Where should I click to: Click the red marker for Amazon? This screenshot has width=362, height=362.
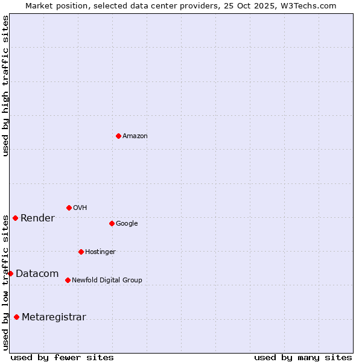tap(118, 136)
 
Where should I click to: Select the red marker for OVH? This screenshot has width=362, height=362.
tap(69, 208)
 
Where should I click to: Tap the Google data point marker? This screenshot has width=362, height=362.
tap(112, 223)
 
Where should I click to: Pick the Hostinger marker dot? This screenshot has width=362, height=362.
tap(81, 252)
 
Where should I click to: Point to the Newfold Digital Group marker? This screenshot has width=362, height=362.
tap(68, 280)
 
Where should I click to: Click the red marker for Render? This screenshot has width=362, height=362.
tap(15, 218)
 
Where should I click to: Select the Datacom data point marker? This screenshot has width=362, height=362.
tap(10, 273)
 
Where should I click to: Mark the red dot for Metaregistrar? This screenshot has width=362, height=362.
tap(16, 317)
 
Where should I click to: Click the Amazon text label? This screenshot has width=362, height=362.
tap(135, 136)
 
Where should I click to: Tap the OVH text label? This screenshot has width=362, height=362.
tap(80, 208)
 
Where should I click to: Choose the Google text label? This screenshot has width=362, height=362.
tap(127, 224)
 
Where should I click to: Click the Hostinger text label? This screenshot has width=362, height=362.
tap(100, 252)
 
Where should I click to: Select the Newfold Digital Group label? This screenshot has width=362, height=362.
tap(107, 281)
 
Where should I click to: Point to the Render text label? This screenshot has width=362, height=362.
tap(37, 218)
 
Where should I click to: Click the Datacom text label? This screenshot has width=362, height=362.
tap(37, 274)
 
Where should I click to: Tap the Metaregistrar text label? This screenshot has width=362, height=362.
tap(54, 317)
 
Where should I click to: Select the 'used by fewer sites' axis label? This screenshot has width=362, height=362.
tap(62, 357)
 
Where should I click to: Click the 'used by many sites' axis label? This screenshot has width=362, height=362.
tap(303, 357)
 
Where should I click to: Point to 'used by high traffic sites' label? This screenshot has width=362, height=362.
tap(5, 86)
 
